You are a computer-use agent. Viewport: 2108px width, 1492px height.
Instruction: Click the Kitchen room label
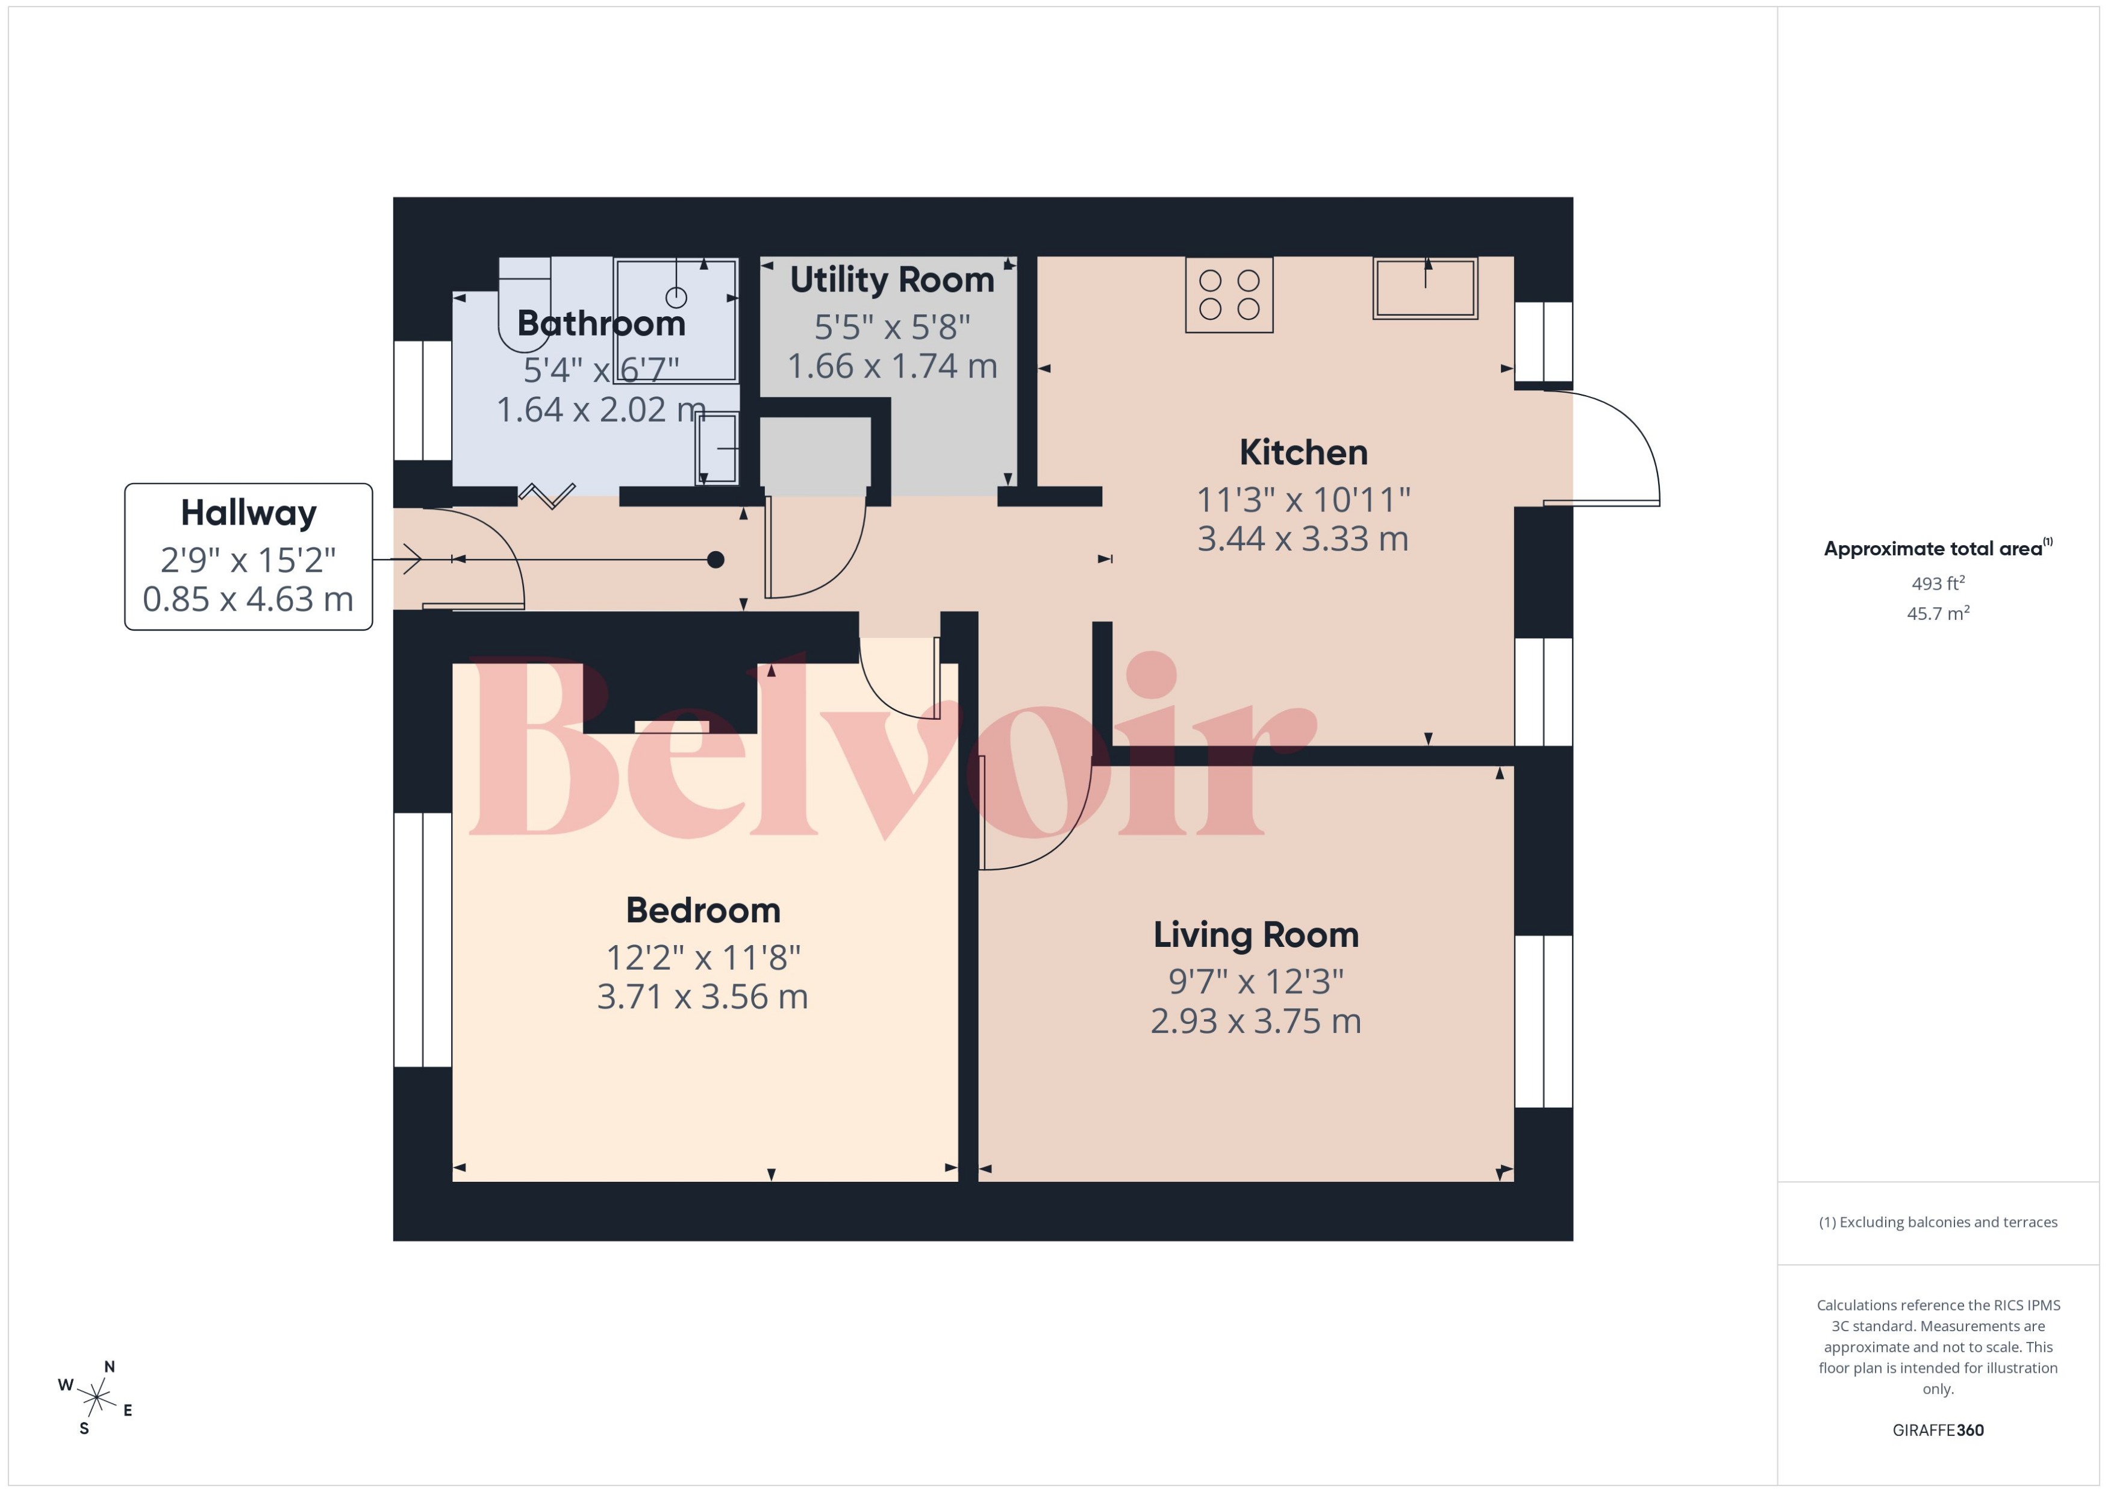point(1303,453)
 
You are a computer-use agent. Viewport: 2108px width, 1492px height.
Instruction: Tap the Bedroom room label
point(703,911)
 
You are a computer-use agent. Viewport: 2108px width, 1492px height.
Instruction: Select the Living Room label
point(1256,935)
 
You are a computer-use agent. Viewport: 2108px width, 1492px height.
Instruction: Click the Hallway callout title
point(248,513)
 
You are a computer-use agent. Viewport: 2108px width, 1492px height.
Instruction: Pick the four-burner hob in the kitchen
point(1229,295)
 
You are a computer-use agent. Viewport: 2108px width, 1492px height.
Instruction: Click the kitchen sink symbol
point(1424,289)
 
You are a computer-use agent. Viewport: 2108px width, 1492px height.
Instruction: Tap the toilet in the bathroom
point(523,303)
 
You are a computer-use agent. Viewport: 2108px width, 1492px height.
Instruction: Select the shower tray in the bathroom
point(676,320)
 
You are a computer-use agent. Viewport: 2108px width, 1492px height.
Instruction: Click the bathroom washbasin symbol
point(717,448)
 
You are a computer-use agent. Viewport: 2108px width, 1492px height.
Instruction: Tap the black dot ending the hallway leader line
point(716,560)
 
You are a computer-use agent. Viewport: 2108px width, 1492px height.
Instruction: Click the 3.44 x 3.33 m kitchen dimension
point(1303,539)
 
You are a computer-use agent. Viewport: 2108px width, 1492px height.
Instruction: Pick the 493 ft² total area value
point(1937,584)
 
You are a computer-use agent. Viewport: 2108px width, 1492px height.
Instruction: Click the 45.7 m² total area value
point(1937,613)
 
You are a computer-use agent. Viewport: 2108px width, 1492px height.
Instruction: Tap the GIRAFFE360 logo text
point(1937,1429)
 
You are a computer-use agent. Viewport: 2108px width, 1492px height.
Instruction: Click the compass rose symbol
point(96,1397)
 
